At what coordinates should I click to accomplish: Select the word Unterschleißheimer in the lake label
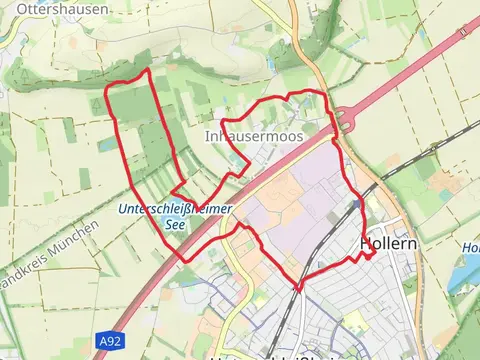click(x=174, y=209)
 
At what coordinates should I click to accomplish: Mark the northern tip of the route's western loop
click(x=148, y=71)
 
